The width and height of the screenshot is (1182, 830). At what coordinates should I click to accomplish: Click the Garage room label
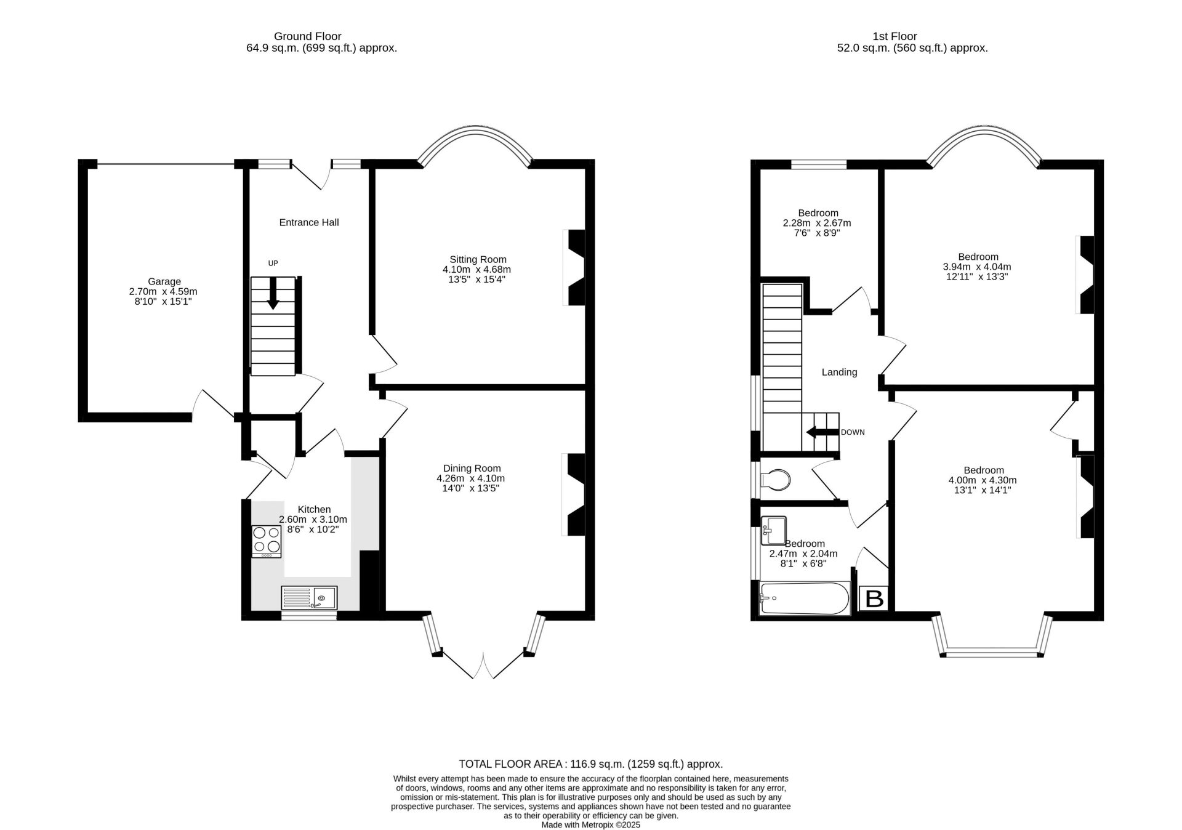(x=164, y=282)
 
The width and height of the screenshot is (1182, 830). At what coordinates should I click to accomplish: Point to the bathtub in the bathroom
(x=805, y=598)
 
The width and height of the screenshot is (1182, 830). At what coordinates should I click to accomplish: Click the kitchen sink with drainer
(x=309, y=597)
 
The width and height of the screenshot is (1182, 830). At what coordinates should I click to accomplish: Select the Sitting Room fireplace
(x=575, y=268)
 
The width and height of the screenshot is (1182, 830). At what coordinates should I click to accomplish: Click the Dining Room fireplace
(x=575, y=494)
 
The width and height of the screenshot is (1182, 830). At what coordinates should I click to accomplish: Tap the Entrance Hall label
(x=309, y=222)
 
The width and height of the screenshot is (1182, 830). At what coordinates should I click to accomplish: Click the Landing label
(x=839, y=372)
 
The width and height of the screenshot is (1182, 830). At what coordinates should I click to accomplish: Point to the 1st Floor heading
(x=895, y=36)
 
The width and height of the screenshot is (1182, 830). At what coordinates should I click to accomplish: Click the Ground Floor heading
(x=308, y=36)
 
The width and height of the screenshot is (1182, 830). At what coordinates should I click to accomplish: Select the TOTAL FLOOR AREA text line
(x=590, y=764)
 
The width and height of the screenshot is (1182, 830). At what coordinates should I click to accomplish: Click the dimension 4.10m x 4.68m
(x=476, y=269)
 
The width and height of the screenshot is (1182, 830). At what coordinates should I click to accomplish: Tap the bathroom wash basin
(x=774, y=530)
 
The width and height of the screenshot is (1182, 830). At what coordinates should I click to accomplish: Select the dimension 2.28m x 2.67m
(x=817, y=223)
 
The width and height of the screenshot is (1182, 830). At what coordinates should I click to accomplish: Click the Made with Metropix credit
(x=590, y=824)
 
